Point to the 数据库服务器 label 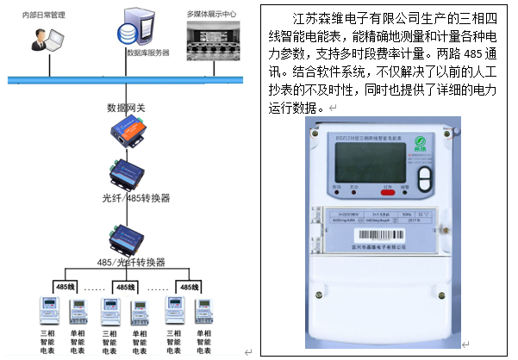(147, 53)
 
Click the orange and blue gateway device (127, 131)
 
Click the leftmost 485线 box (67, 287)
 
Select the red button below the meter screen (389, 184)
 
